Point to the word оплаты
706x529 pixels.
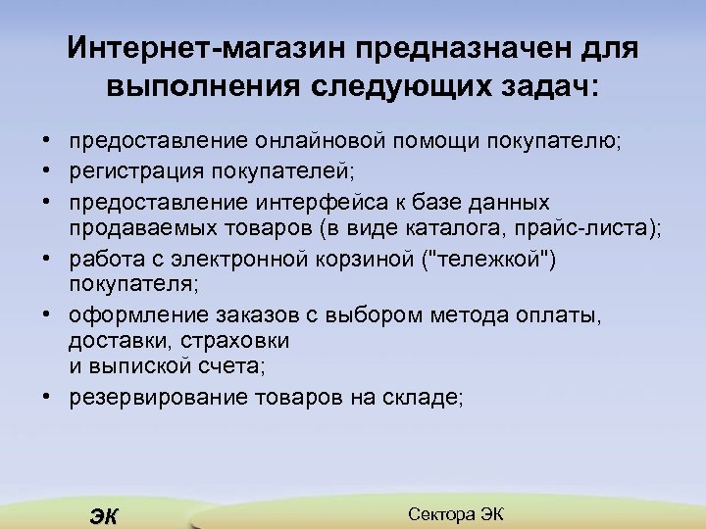pyautogui.click(x=561, y=316)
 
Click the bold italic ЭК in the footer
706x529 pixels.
pyautogui.click(x=102, y=516)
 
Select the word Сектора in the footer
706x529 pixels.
pyautogui.click(x=441, y=514)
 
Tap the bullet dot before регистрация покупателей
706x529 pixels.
pyautogui.click(x=47, y=173)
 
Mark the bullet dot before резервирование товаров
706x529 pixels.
pyautogui.click(x=47, y=397)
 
